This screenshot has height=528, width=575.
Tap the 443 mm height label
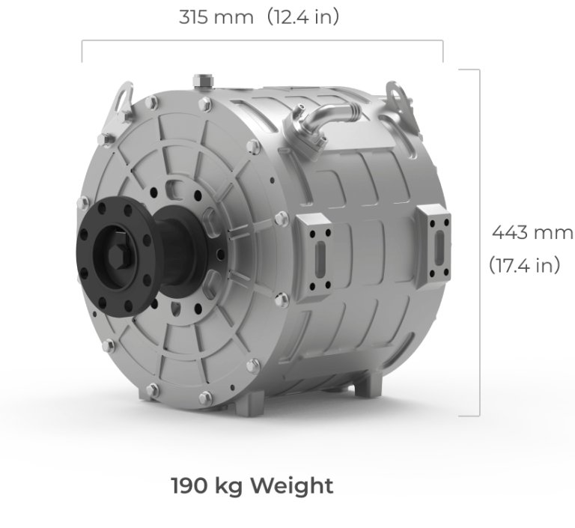click(x=532, y=232)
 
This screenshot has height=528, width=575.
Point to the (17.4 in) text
click(x=524, y=265)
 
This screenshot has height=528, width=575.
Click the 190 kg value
click(x=207, y=485)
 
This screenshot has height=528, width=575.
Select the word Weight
click(x=291, y=485)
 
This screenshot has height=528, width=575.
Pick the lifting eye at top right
click(x=398, y=94)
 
